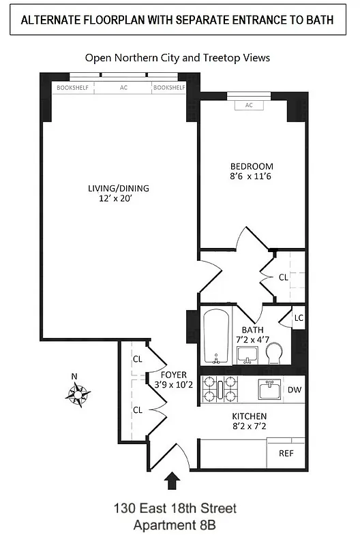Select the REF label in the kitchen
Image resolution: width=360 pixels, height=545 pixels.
point(286,454)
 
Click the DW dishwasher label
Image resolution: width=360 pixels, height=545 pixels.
point(294,390)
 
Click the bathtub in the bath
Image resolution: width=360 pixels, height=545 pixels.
point(217,337)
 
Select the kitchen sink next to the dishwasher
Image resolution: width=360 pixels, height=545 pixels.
point(271,390)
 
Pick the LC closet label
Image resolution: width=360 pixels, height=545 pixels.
point(298,317)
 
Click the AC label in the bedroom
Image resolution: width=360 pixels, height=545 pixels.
point(249,105)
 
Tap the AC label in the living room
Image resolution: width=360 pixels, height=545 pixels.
point(123,87)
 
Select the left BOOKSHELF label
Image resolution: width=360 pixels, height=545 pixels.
point(72,87)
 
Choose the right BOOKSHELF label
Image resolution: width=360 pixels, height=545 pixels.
point(169,87)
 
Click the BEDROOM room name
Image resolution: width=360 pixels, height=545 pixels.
point(252,166)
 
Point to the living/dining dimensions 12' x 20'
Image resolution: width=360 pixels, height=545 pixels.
point(118,199)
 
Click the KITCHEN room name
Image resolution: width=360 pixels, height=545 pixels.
point(249,416)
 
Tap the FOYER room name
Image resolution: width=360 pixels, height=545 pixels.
point(173,375)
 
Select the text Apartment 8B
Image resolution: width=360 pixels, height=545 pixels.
point(175,525)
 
